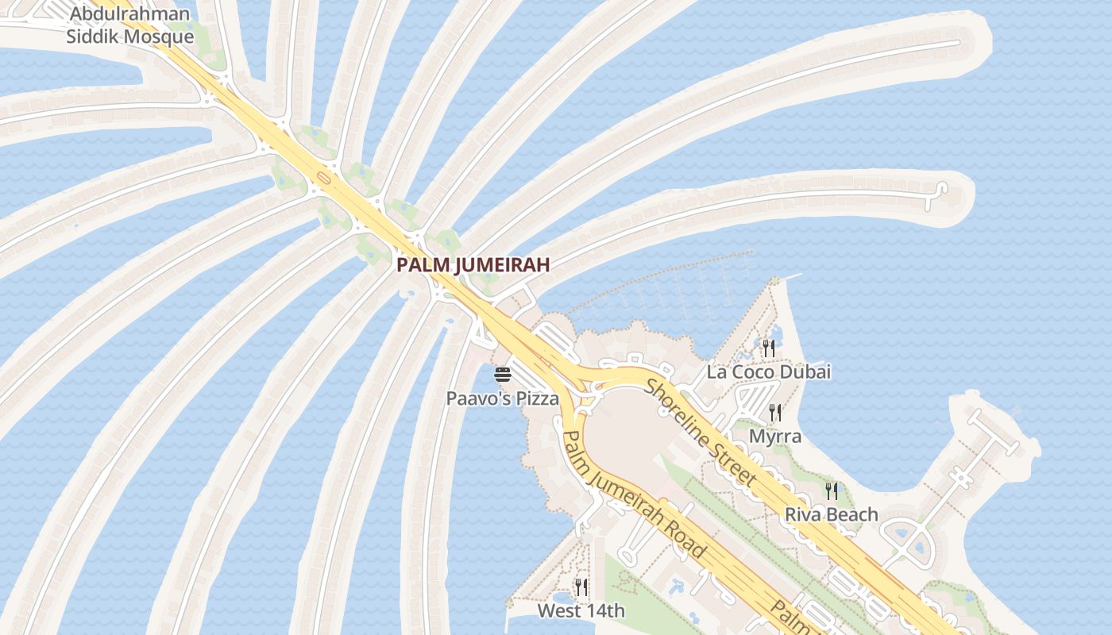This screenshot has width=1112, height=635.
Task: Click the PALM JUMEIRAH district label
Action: pyautogui.click(x=473, y=265)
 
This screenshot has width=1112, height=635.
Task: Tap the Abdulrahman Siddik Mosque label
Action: pyautogui.click(x=129, y=25)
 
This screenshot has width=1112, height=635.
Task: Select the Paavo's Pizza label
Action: pyautogui.click(x=502, y=398)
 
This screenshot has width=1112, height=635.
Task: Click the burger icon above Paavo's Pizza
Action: pyautogui.click(x=502, y=375)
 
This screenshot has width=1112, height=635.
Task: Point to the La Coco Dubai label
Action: pyautogui.click(x=768, y=371)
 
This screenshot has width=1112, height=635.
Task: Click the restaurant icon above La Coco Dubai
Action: pyautogui.click(x=768, y=348)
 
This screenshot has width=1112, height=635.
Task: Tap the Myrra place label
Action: pyautogui.click(x=775, y=437)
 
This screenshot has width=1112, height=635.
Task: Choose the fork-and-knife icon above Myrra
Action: pyautogui.click(x=775, y=413)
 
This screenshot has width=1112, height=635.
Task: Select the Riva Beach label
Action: pyautogui.click(x=831, y=514)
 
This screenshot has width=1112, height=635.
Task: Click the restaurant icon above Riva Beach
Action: pyautogui.click(x=831, y=491)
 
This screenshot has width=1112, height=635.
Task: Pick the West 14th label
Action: pyautogui.click(x=581, y=611)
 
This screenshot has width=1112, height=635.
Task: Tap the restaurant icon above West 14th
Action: pyautogui.click(x=581, y=587)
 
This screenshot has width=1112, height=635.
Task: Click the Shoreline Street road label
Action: pyautogui.click(x=700, y=431)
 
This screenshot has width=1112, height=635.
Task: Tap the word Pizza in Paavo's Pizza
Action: pyautogui.click(x=538, y=398)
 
